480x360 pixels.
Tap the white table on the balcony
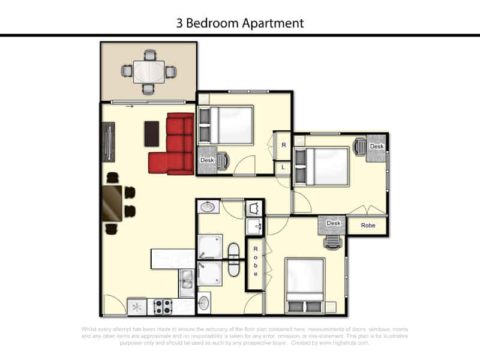point(148,71)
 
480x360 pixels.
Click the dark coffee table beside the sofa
point(152,133)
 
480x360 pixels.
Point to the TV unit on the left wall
point(109,142)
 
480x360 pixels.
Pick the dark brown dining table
point(113,203)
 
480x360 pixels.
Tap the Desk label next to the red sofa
point(207,160)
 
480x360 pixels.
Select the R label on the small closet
point(283,146)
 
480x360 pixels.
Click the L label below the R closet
point(283,168)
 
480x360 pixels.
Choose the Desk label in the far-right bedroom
point(376,146)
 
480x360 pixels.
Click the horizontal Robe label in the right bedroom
point(367,226)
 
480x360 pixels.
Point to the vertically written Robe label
point(256,261)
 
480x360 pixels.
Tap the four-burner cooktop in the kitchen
point(163,307)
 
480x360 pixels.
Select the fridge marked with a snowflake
point(137,307)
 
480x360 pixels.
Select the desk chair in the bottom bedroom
point(333,240)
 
